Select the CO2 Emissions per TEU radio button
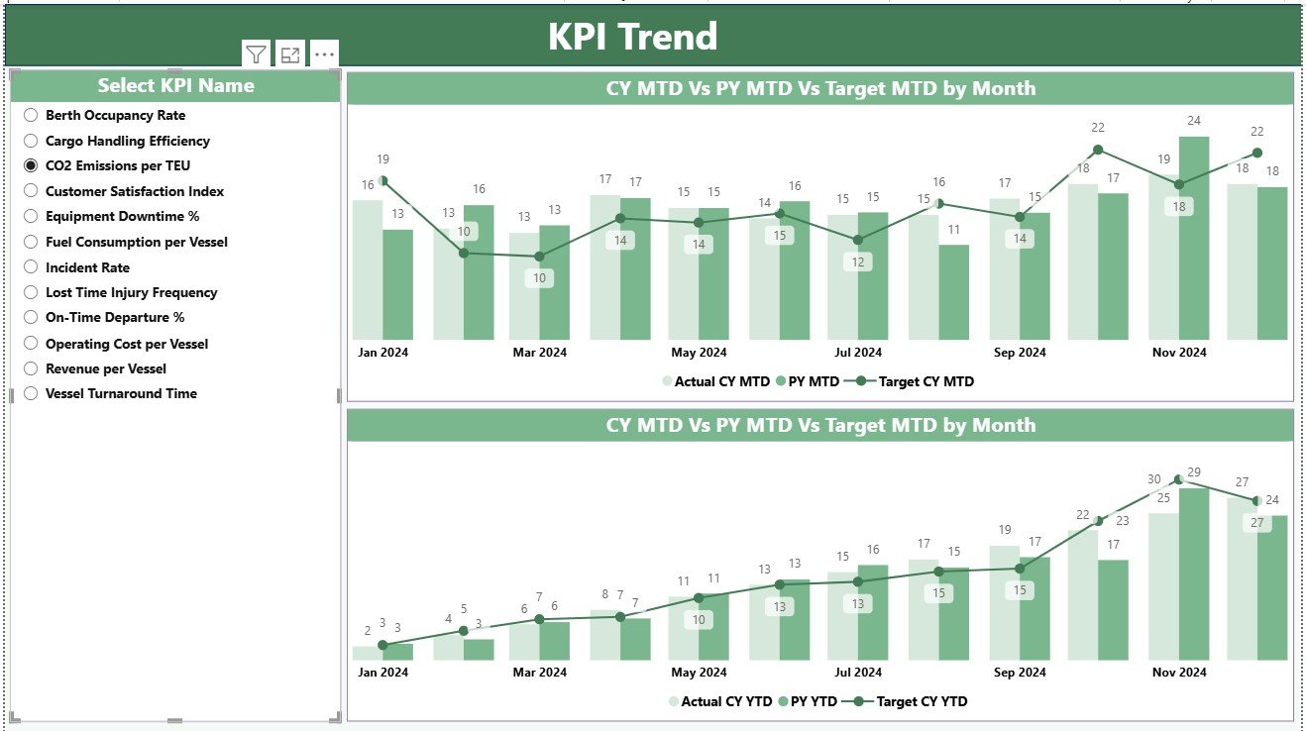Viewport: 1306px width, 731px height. tap(31, 165)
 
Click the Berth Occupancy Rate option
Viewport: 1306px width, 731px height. tap(115, 115)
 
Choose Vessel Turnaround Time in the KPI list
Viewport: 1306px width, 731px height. tap(121, 393)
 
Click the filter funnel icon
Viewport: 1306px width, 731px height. tap(256, 54)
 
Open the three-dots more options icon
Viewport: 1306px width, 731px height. tap(324, 55)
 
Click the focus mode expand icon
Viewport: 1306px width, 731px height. tap(289, 55)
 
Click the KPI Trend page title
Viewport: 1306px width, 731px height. tap(632, 37)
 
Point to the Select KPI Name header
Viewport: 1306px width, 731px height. tap(175, 85)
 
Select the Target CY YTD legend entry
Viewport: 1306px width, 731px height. tap(922, 701)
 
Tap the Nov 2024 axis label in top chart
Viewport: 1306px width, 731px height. tap(1178, 352)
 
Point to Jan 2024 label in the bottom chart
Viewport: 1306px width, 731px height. tap(382, 672)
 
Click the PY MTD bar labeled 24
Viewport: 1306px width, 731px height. tap(1193, 238)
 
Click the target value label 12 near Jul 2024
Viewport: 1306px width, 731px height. tap(857, 262)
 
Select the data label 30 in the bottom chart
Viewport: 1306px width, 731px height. tap(1154, 478)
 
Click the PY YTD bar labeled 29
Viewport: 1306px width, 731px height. tap(1193, 574)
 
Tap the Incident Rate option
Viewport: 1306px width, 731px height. tap(87, 267)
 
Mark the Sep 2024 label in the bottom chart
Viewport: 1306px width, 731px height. tap(1019, 672)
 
